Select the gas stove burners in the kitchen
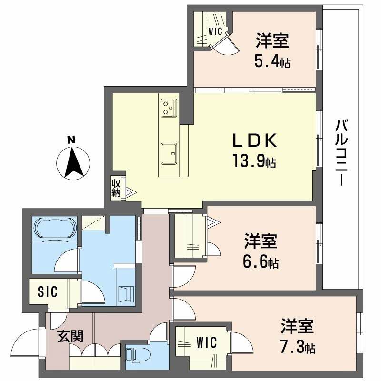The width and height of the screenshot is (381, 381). [168, 107]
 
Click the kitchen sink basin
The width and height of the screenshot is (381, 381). [169, 153]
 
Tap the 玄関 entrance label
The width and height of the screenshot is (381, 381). [70, 336]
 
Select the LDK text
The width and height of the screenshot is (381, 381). [254, 140]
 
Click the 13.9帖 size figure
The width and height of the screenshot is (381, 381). [254, 162]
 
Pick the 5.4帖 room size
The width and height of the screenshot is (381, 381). [272, 62]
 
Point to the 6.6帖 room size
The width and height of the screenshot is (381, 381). [261, 261]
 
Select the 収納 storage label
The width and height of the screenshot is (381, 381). [116, 188]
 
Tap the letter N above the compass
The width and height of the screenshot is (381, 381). [71, 140]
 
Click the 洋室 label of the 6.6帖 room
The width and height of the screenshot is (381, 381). [261, 241]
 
